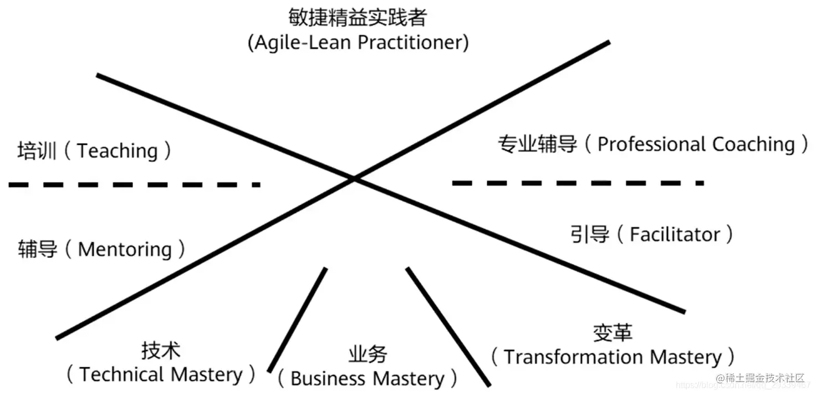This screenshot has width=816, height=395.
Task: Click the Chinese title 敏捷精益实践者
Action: (x=358, y=17)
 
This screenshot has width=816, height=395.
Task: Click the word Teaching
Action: (x=117, y=151)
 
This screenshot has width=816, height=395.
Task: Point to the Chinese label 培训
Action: (x=37, y=151)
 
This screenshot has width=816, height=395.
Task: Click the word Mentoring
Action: (x=125, y=250)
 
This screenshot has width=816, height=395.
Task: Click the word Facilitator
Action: (x=675, y=235)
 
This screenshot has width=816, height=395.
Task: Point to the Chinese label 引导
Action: (x=590, y=235)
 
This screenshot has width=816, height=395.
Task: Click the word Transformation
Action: (x=573, y=357)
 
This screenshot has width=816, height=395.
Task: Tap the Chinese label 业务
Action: (x=368, y=353)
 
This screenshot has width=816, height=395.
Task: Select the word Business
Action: (x=328, y=379)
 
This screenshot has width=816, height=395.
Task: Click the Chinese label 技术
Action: (x=161, y=350)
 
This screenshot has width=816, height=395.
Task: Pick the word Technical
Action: (x=122, y=374)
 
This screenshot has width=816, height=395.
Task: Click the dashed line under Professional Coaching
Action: (x=578, y=183)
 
